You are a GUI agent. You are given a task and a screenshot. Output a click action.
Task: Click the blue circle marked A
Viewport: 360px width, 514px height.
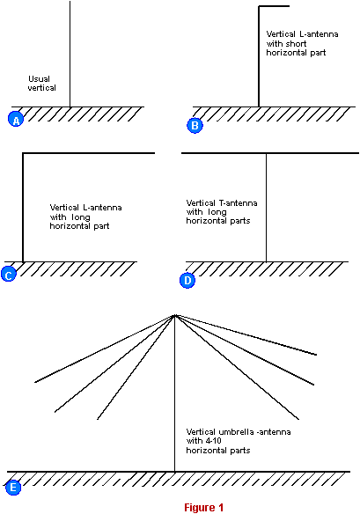[16, 119]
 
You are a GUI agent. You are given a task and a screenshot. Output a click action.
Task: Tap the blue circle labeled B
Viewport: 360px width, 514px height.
[195, 125]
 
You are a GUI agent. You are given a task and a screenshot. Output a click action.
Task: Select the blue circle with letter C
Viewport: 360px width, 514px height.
[9, 274]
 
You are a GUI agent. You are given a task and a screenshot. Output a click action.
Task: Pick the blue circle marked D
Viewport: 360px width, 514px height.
[187, 280]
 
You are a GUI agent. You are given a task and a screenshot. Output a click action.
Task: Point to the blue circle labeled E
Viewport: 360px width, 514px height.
[13, 488]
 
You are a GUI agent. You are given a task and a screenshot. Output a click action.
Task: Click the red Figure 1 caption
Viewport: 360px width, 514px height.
[203, 508]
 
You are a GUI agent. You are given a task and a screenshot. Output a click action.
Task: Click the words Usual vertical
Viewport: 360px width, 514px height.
[41, 84]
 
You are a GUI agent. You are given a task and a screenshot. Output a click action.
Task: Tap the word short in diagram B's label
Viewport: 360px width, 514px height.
[296, 44]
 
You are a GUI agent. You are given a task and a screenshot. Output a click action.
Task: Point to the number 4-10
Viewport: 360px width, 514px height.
[213, 441]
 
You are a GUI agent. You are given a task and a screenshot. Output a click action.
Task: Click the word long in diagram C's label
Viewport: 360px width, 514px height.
[81, 217]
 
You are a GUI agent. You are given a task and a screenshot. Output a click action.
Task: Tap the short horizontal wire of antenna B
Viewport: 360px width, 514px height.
[274, 6]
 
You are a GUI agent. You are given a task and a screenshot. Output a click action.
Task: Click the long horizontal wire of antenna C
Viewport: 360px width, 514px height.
[89, 153]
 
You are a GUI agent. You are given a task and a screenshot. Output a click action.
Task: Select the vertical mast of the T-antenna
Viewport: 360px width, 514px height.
[266, 208]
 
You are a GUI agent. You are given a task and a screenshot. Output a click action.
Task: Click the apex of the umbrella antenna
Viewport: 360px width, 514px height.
[175, 315]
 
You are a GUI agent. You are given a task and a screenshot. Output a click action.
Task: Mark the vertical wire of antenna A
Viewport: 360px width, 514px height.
[70, 54]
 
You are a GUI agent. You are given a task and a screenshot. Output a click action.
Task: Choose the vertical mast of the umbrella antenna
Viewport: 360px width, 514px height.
[175, 393]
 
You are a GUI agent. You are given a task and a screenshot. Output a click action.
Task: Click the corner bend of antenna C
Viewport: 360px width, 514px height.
[23, 153]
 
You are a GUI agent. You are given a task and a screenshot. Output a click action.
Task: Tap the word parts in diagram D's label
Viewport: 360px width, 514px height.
[240, 221]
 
